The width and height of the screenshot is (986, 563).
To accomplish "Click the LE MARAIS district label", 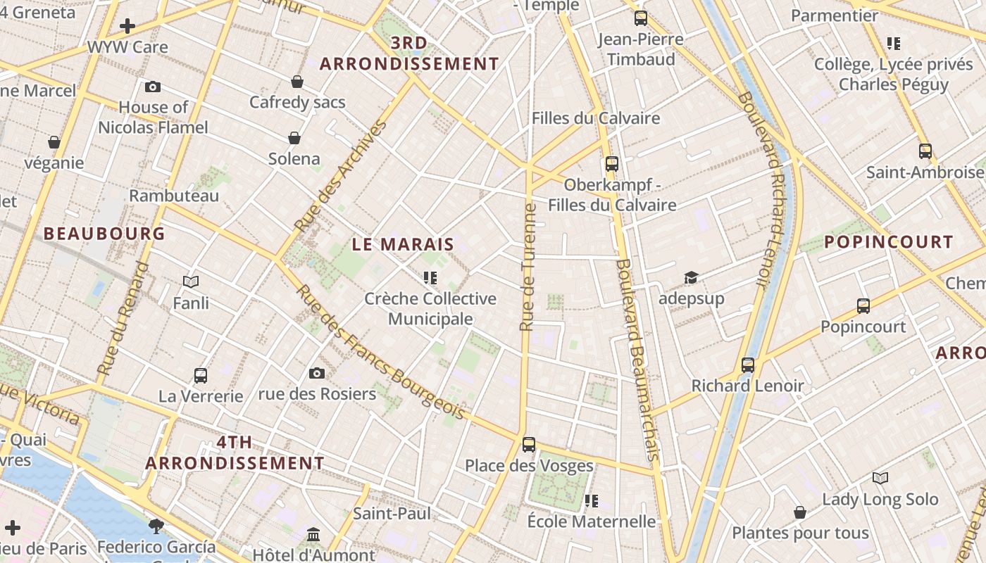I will point(403,245).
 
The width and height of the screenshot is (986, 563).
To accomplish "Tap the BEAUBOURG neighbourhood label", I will point(104,234).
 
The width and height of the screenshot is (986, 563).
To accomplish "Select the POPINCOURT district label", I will point(889,242).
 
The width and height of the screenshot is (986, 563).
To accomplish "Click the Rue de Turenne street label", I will point(528,267).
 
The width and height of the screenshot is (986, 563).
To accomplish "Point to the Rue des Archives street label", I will point(342,176).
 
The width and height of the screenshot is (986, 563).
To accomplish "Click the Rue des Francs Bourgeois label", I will point(381,352).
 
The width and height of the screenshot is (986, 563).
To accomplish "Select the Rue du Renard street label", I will point(123,318).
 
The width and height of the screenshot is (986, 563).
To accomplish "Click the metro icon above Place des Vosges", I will point(529,445).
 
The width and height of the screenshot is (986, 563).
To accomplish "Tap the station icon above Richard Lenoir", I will point(748,365).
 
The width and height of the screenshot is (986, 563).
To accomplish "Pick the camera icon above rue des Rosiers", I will point(317,373).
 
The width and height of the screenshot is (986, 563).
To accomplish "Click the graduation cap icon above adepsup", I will point(691,278).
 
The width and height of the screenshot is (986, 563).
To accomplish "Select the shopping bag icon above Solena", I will point(294,138).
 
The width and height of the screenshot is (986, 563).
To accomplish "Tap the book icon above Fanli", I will point(191,282).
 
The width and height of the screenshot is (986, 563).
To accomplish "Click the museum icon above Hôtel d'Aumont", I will point(313,535).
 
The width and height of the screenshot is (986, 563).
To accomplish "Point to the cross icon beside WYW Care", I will point(127,27).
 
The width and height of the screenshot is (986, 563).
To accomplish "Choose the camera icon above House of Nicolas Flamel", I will point(153,87).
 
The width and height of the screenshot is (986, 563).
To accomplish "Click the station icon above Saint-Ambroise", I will point(925,151).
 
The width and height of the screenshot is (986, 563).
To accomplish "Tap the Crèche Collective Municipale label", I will point(430,308).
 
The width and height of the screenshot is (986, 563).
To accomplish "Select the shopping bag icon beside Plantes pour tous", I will point(800,512).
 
